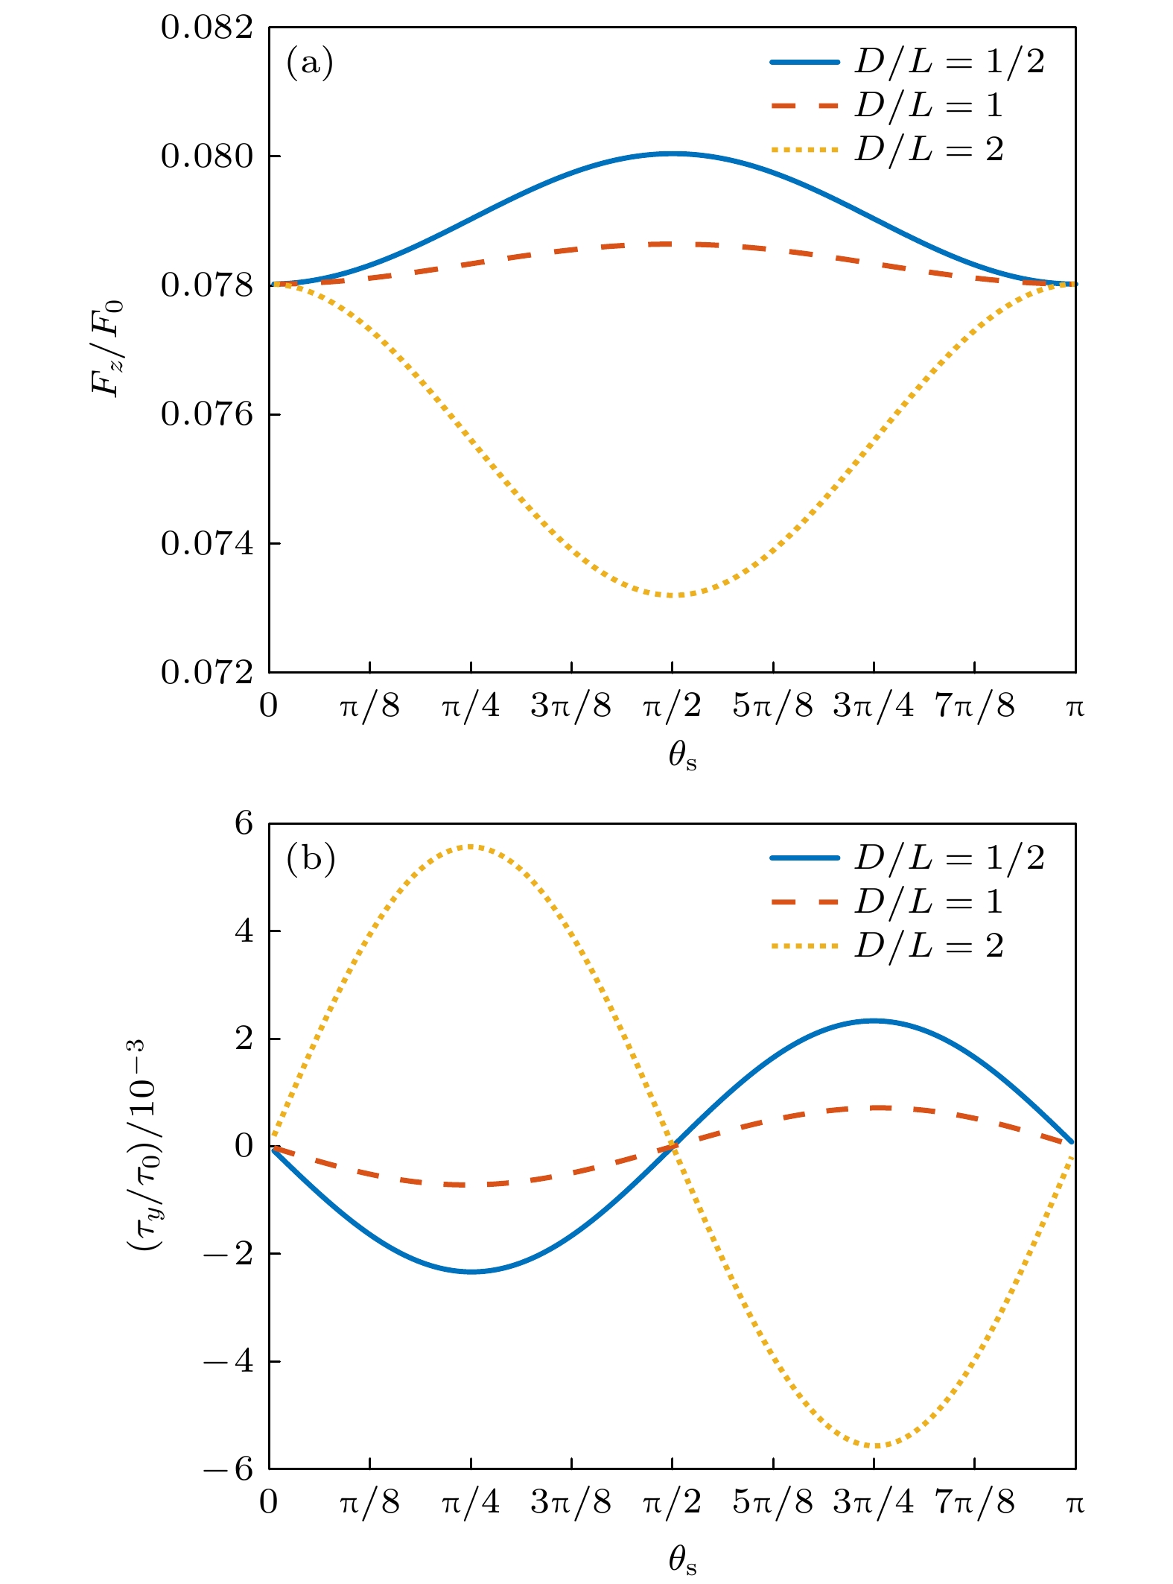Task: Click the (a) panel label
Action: pos(309,63)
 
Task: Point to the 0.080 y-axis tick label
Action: pos(207,157)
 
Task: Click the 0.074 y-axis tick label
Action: pos(207,544)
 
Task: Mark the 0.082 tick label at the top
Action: pos(207,28)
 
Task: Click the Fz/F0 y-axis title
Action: pos(107,349)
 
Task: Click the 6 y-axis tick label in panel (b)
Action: pos(244,825)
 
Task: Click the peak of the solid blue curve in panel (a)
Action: pos(673,154)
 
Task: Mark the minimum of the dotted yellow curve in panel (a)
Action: pos(673,595)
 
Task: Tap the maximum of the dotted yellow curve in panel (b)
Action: pos(471,846)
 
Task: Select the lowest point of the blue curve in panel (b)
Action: pos(471,1271)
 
